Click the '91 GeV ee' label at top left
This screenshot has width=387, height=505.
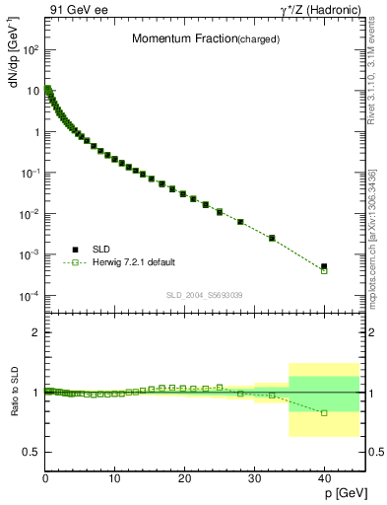point(80,10)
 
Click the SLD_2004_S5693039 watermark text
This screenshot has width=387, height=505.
point(204,294)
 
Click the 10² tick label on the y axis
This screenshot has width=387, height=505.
point(31,49)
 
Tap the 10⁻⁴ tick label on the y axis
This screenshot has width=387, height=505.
point(31,297)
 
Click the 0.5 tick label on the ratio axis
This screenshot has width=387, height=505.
point(32,452)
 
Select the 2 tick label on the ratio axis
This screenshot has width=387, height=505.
point(35,333)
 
